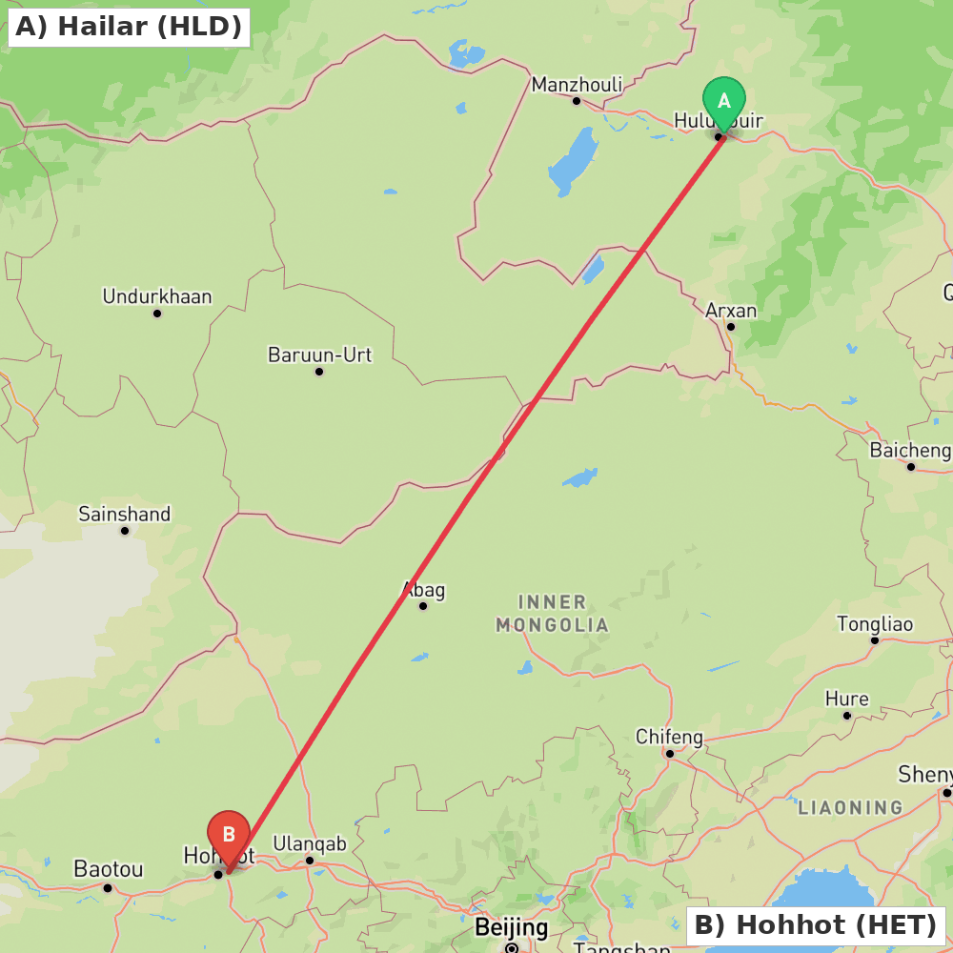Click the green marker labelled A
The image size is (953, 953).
coord(723,100)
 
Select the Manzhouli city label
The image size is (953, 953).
coord(577,85)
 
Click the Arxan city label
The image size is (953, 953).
coord(731,311)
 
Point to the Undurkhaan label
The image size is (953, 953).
coord(157,296)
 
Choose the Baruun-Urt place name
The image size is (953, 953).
coord(319,355)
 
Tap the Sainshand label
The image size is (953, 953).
coord(125,515)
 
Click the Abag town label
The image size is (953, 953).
coord(423,590)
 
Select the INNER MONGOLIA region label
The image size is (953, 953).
coord(553,614)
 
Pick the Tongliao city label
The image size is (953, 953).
coord(875,624)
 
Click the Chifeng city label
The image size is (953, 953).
coord(669,738)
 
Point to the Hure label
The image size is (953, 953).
coord(846,700)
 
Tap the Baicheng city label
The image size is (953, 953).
coord(910,450)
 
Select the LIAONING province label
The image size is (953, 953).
coord(850,808)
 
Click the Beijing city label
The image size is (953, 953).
coord(512,927)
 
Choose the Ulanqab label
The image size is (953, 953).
coord(310,843)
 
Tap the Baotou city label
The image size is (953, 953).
coord(109,869)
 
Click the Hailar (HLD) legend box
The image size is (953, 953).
coord(129,27)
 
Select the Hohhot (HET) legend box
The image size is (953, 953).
coord(816,924)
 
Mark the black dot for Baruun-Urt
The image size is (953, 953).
coord(319,372)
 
